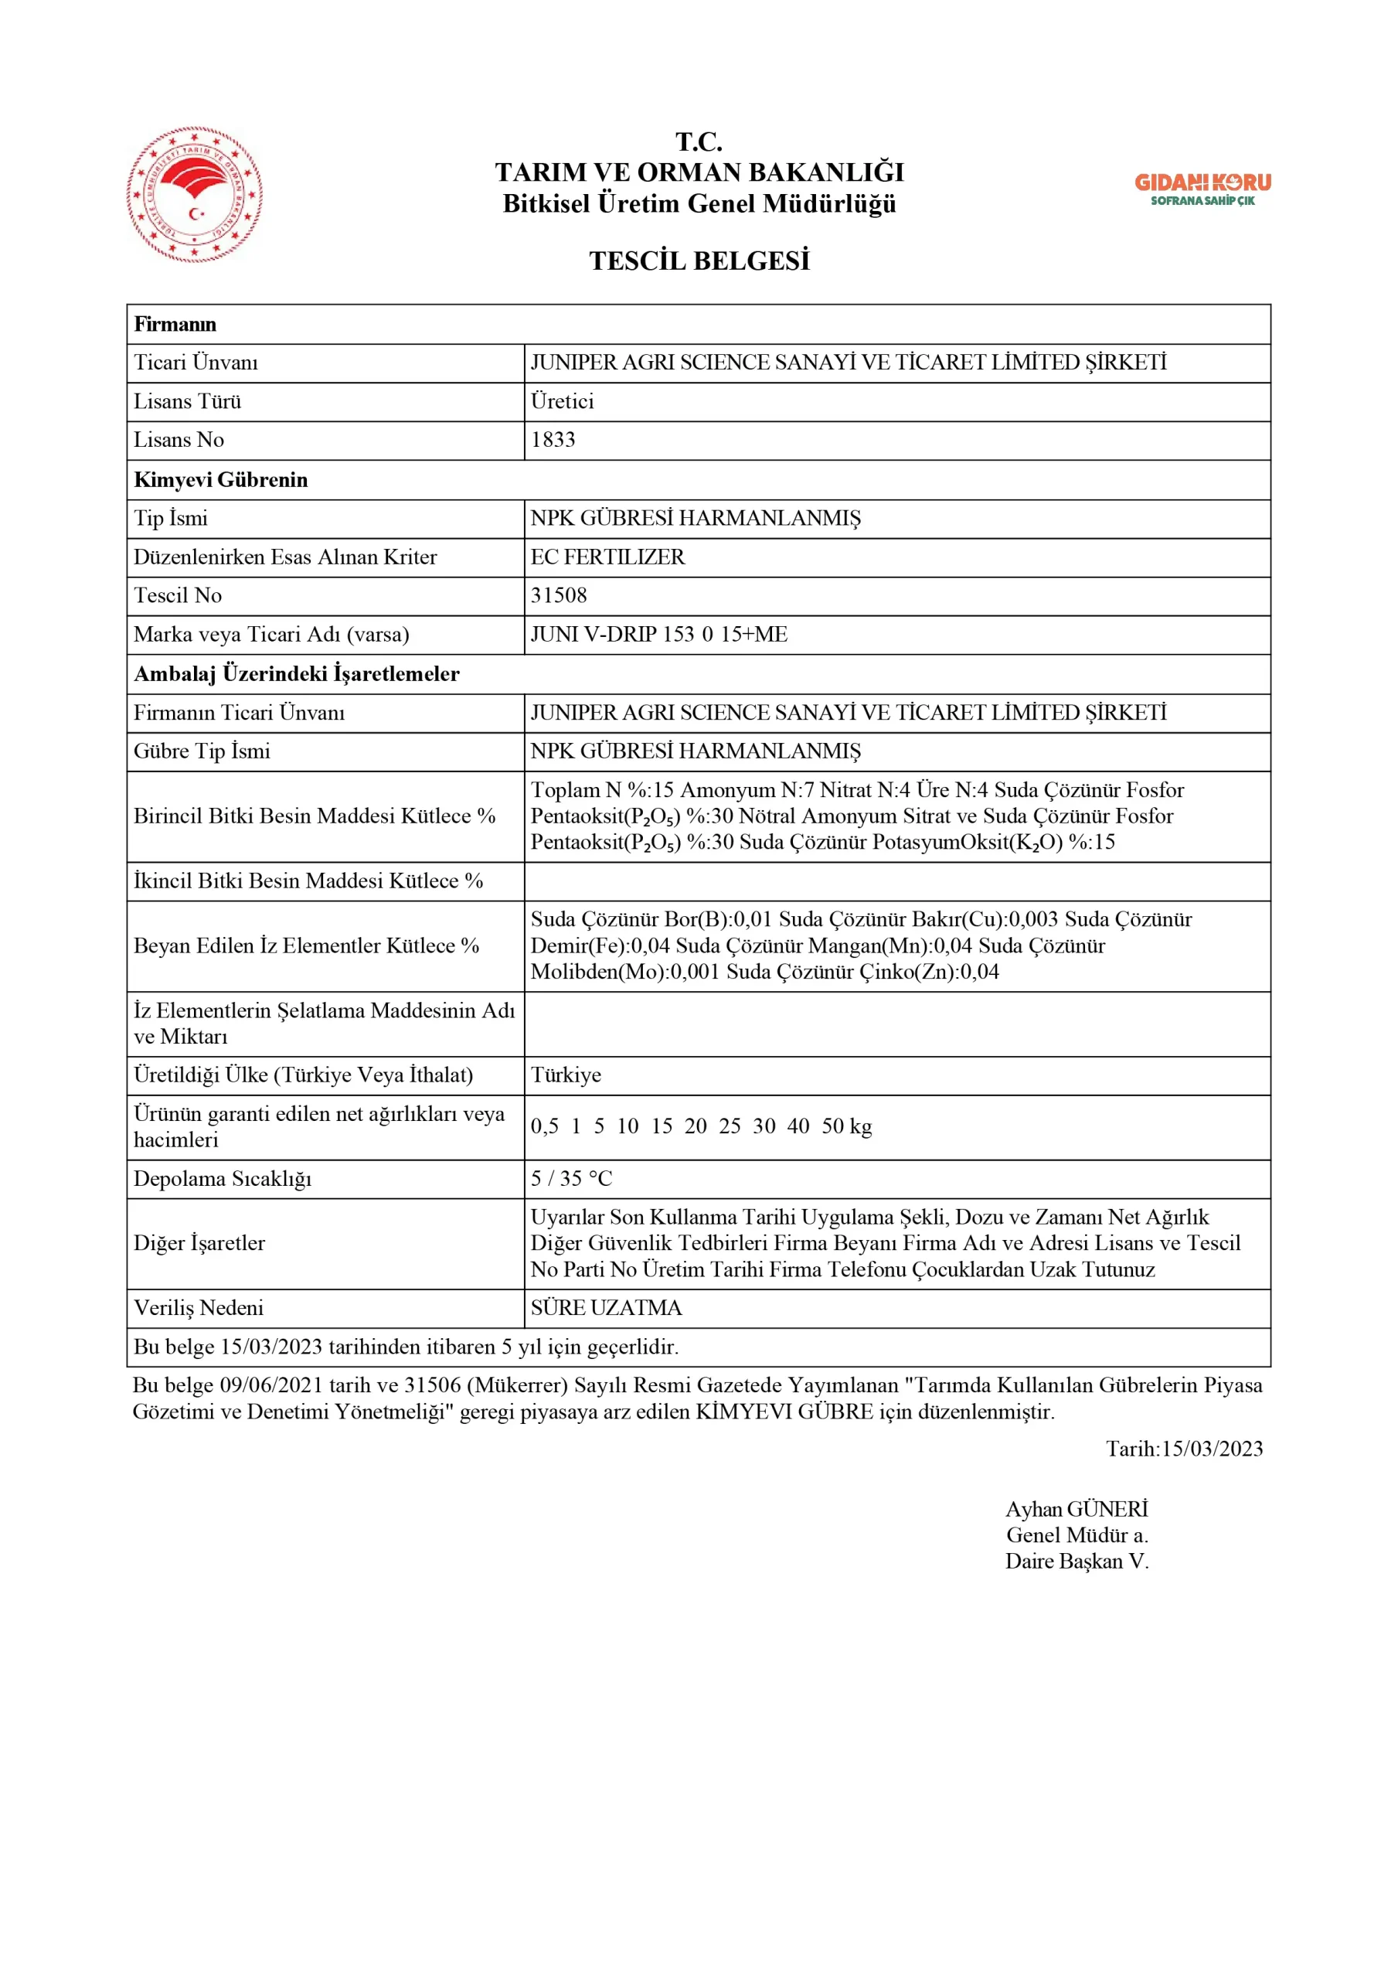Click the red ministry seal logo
(x=195, y=195)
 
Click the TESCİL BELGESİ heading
(x=699, y=261)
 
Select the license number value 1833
(x=553, y=440)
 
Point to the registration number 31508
(x=559, y=595)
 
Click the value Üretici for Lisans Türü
(x=562, y=400)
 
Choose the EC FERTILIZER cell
(x=607, y=557)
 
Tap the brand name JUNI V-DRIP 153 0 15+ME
(x=658, y=635)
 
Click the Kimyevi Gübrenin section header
(x=221, y=479)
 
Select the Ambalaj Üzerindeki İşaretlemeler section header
(x=297, y=673)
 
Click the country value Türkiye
(x=566, y=1075)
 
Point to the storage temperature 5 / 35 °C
(x=570, y=1178)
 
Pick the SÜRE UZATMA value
(x=606, y=1307)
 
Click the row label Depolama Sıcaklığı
(x=223, y=1178)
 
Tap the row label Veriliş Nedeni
(x=199, y=1307)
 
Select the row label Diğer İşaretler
(x=199, y=1243)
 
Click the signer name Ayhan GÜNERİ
(x=1077, y=1508)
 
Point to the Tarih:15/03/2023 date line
(x=1184, y=1448)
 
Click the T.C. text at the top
(x=699, y=141)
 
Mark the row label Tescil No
(x=178, y=595)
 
